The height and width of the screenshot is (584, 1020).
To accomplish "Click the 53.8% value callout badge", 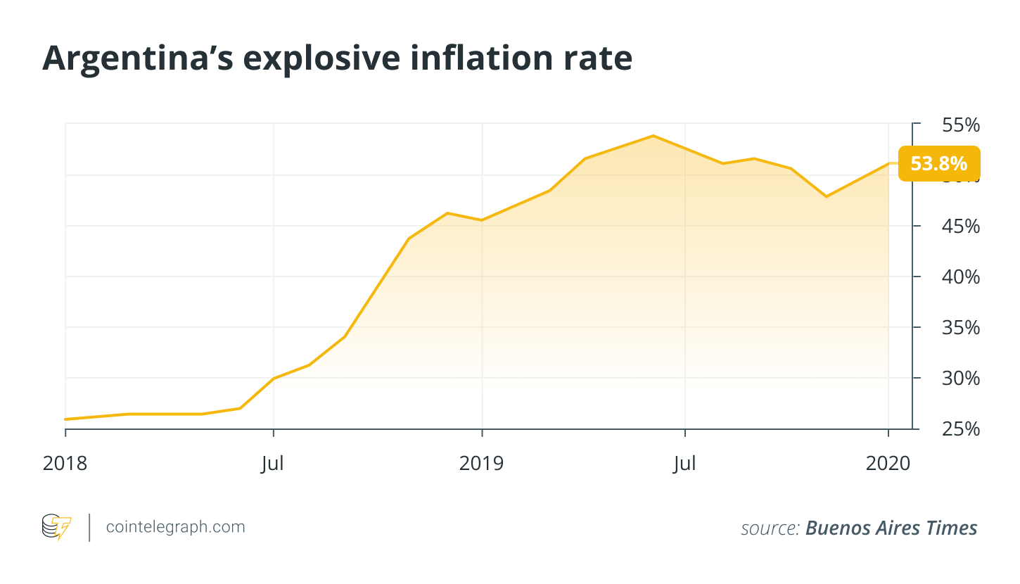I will [x=938, y=164].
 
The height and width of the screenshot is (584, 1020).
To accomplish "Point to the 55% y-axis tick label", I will [x=960, y=125].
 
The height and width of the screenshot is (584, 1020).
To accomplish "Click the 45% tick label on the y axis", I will [x=960, y=227].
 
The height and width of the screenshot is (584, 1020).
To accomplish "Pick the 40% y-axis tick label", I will [x=960, y=277].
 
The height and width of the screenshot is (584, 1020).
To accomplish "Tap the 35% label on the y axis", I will [x=960, y=328].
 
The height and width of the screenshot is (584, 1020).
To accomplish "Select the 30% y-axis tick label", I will [x=960, y=379].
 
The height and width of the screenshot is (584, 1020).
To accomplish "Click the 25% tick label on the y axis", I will [x=960, y=429].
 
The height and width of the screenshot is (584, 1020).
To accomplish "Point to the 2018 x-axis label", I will [x=65, y=464].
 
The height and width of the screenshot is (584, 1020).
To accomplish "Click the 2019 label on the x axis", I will [x=482, y=464].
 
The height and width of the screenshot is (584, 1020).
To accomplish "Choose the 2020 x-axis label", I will [x=888, y=464].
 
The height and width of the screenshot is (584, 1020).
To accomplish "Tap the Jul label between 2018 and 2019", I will [x=273, y=464].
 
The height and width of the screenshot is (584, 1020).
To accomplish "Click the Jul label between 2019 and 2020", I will [x=684, y=464].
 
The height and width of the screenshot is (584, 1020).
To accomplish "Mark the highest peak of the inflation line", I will [x=653, y=136].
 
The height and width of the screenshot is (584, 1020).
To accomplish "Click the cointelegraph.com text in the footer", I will [x=175, y=527].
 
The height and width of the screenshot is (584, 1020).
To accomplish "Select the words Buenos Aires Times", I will [x=891, y=528].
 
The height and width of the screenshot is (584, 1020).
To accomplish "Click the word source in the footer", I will [x=769, y=528].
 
